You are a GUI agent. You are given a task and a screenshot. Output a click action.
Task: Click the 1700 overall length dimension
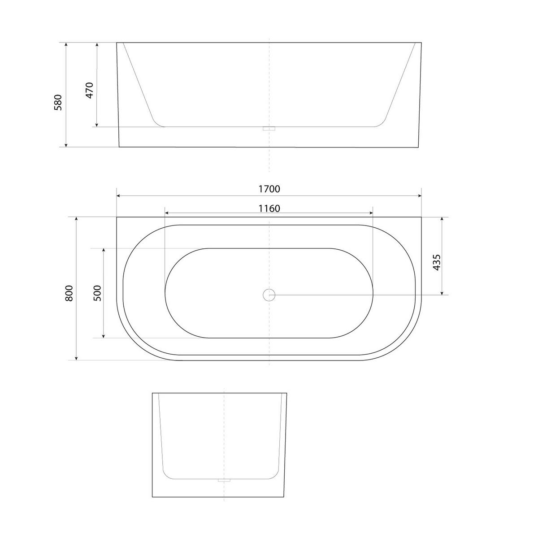(x=269, y=189)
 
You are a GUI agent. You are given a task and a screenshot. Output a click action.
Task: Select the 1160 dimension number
(x=269, y=208)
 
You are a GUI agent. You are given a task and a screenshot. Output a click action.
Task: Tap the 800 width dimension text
(x=69, y=293)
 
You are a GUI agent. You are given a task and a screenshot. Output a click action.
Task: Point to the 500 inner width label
(x=97, y=293)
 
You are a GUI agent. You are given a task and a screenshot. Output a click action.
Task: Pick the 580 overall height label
(x=58, y=103)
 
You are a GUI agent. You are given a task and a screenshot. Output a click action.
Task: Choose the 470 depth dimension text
(x=89, y=90)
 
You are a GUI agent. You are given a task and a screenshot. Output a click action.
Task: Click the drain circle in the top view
(x=269, y=295)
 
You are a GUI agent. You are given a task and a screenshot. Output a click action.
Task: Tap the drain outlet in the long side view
(x=269, y=128)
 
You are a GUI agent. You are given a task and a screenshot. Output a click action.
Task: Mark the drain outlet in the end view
(x=224, y=481)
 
